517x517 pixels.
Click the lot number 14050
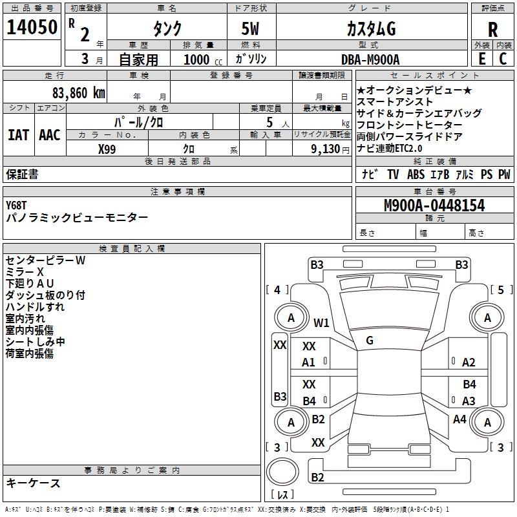(x=32, y=27)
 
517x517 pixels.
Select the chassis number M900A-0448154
(x=434, y=206)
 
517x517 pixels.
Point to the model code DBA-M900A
(x=370, y=59)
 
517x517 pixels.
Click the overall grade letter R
(x=493, y=30)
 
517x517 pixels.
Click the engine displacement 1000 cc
(x=201, y=60)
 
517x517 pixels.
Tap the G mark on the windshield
(x=370, y=340)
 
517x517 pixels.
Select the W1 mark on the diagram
(x=321, y=323)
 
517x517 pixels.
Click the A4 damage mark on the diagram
(x=459, y=419)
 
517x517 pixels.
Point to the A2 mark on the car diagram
(x=469, y=363)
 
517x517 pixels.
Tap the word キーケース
(x=34, y=483)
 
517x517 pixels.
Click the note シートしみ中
(x=36, y=342)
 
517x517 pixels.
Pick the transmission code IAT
(x=19, y=134)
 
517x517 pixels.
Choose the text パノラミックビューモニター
(x=77, y=218)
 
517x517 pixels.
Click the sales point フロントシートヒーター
(x=409, y=125)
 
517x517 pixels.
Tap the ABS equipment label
(x=416, y=174)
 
